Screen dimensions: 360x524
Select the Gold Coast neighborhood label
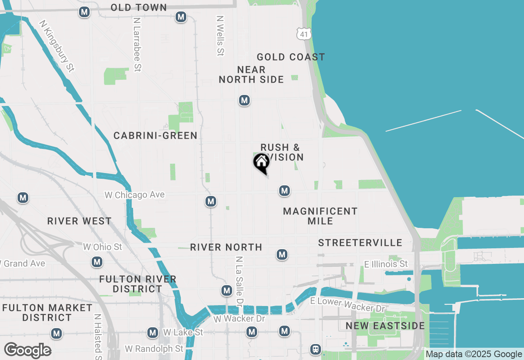point(291,57)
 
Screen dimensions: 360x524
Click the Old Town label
point(139,7)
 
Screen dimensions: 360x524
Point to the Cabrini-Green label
point(156,135)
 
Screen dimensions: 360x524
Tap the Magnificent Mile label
point(320,216)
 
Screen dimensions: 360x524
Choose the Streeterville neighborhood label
point(360,243)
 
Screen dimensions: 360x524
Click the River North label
point(226,247)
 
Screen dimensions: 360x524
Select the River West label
point(79,221)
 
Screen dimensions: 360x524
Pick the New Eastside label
point(385,326)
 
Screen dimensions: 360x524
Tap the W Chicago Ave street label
point(135,195)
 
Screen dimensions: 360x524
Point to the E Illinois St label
point(386,264)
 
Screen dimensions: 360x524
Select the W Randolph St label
point(154,349)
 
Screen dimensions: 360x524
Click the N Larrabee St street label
point(137,45)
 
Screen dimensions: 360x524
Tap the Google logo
point(27,351)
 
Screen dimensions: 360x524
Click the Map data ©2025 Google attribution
point(474,354)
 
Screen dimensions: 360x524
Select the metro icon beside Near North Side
point(244,100)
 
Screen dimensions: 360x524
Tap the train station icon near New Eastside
point(316,349)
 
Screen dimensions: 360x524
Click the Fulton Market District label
point(47,313)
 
